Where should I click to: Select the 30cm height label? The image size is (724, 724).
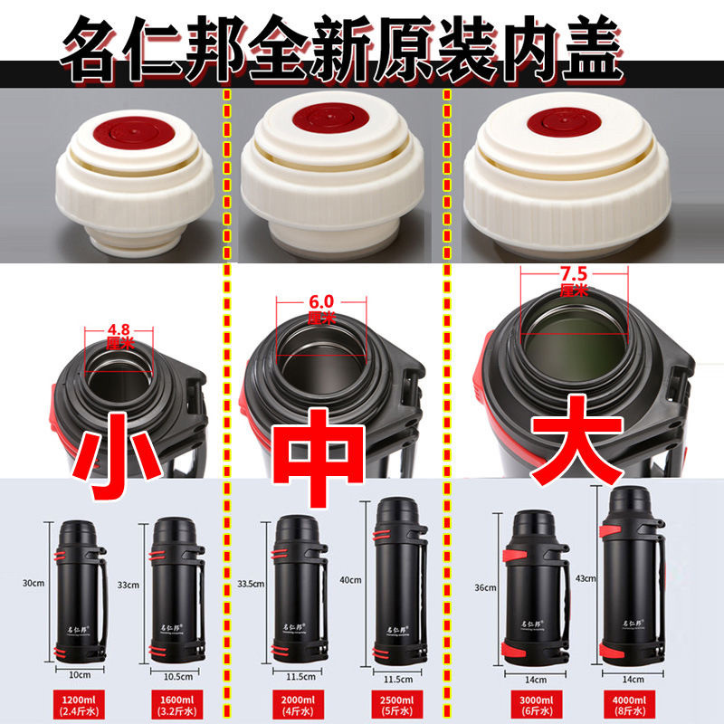33,583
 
